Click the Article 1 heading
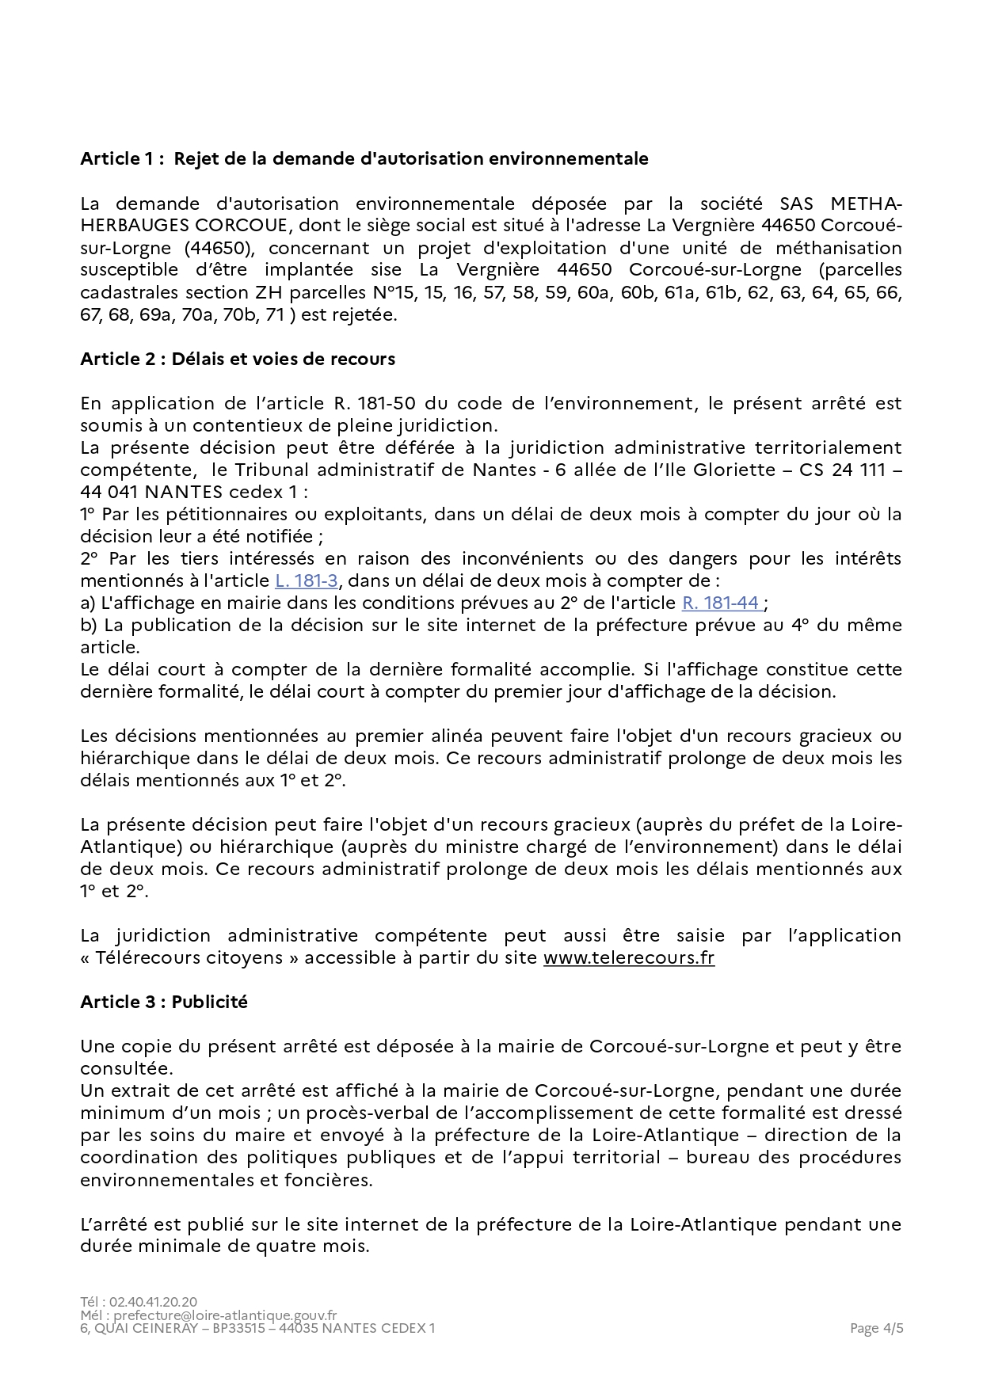pos(364,158)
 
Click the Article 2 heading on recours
pos(238,359)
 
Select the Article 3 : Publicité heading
pos(164,1002)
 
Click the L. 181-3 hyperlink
pos(307,580)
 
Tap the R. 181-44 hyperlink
pos(722,603)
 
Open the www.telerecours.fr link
pos(628,957)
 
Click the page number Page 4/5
pos(876,1328)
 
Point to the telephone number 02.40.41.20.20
pos(153,1301)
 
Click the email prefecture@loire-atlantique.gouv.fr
pos(225,1315)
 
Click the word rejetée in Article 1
pos(360,314)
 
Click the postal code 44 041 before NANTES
pos(109,492)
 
